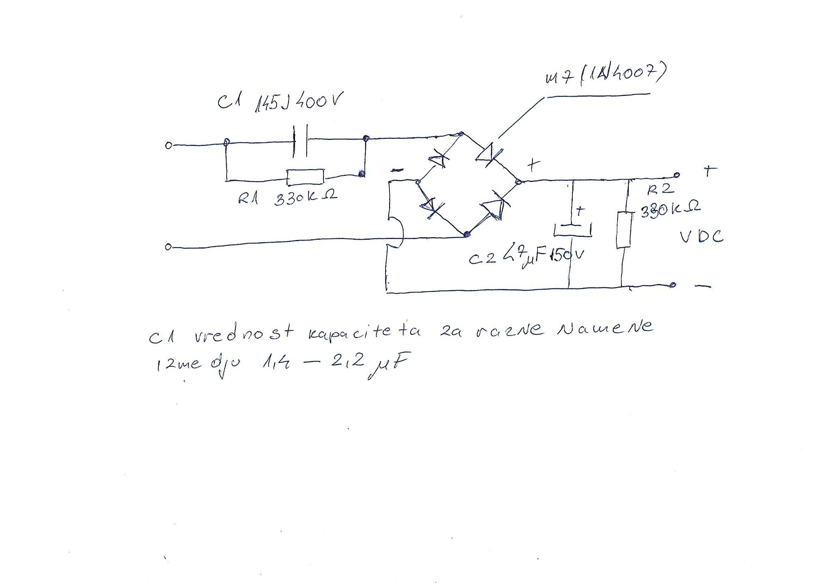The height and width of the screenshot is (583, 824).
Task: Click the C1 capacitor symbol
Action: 300,141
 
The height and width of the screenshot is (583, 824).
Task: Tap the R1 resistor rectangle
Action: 305,176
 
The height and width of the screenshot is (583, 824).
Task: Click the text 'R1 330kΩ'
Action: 287,198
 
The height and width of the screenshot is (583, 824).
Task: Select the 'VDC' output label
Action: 701,237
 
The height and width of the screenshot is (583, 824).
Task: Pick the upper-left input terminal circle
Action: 167,146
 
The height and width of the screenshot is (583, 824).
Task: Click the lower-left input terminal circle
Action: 167,247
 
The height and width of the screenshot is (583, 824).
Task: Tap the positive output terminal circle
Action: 676,175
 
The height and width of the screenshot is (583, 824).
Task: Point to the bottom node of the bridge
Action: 466,235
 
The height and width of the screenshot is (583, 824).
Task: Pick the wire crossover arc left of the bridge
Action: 398,233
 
